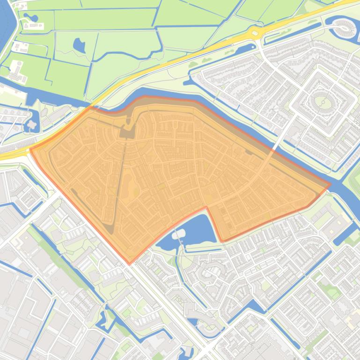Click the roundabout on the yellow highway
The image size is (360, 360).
click(256, 32)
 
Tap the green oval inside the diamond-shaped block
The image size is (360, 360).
click(321, 101)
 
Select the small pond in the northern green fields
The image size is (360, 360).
click(79, 45)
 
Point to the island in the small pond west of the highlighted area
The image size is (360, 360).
click(32, 124)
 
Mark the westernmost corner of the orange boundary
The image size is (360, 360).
click(30, 150)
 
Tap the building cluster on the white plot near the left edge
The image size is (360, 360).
click(17, 70)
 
